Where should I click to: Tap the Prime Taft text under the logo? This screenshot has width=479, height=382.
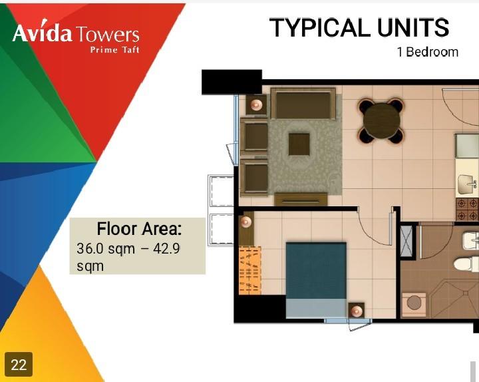[114, 50]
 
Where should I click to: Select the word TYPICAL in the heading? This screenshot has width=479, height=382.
[319, 28]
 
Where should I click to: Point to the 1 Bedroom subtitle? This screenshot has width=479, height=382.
[427, 52]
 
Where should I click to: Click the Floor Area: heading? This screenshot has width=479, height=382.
[139, 230]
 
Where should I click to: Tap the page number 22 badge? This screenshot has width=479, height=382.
[19, 365]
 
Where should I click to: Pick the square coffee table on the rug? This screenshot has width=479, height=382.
[299, 144]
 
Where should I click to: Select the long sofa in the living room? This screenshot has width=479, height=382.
[303, 104]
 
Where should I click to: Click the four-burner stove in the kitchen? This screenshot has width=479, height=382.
[467, 210]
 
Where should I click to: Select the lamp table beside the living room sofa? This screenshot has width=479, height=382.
[256, 104]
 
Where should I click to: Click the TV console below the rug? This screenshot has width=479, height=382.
[301, 199]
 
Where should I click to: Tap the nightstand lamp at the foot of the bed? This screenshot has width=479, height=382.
[357, 311]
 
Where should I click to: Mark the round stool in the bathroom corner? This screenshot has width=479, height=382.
[414, 303]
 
